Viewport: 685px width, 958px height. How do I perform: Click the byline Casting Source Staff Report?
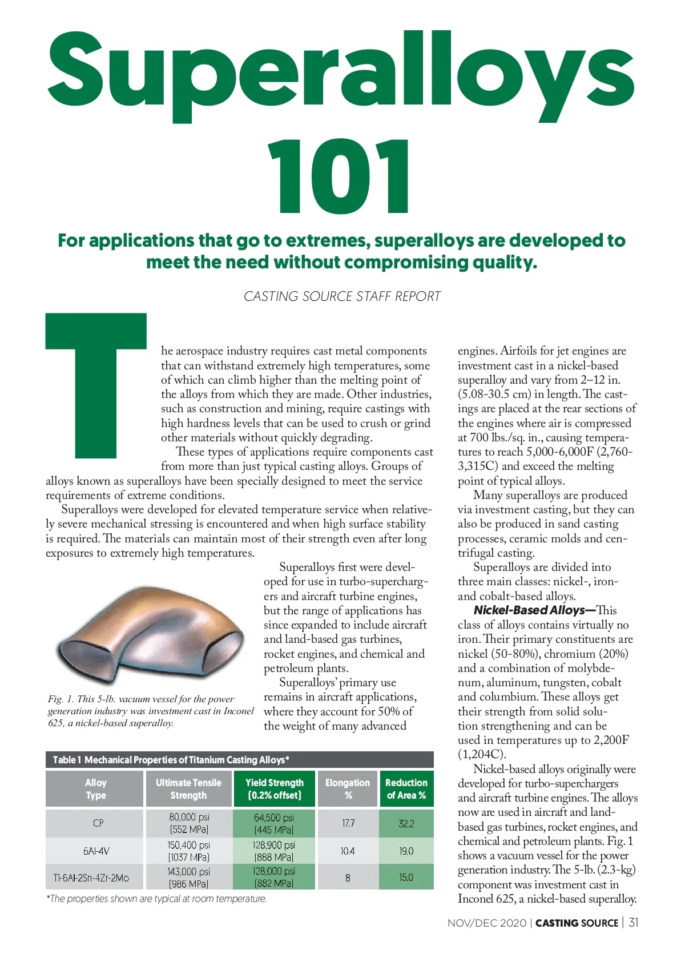(342, 296)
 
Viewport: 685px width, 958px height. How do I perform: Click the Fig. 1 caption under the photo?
(151, 711)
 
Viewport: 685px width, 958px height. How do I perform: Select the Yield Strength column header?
(275, 789)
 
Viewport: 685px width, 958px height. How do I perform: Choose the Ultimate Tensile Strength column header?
(188, 789)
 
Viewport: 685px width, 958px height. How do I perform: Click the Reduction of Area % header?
(406, 789)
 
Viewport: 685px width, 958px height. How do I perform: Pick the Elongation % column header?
(347, 789)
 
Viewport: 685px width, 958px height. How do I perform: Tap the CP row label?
(98, 823)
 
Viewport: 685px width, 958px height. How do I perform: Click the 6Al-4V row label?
(96, 851)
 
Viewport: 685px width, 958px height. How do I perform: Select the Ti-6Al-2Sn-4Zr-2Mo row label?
(91, 878)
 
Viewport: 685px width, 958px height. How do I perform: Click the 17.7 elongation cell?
(348, 823)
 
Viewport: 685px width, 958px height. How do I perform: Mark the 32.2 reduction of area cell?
(406, 823)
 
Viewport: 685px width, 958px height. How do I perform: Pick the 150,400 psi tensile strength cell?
(188, 851)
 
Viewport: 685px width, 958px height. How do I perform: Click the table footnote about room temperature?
(156, 899)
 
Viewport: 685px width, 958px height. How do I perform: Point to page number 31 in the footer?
(634, 923)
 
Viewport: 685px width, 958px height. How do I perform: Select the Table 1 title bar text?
(171, 760)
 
